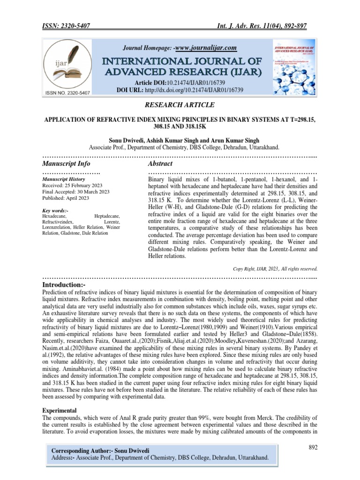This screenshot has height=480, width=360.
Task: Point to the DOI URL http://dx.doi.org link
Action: coord(202,89)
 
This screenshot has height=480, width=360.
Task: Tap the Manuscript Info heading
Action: coord(66,164)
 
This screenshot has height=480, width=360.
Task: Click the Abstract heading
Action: coord(160,164)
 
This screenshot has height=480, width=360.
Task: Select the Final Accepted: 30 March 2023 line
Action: coord(76,192)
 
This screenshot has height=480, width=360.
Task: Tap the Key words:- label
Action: coord(55,210)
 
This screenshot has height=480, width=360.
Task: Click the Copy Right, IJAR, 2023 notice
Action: coord(275,269)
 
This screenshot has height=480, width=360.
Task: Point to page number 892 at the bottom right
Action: coord(313,448)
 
